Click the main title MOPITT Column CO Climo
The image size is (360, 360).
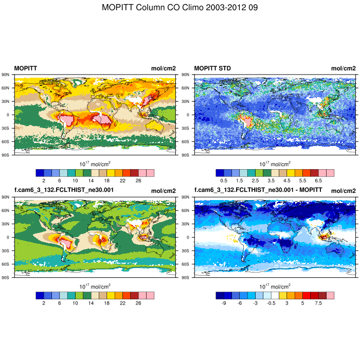coord(180,8)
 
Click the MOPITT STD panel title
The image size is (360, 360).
coord(212,68)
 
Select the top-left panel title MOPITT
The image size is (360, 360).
coord(25,68)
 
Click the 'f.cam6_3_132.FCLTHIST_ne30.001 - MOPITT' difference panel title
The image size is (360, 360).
coord(258,191)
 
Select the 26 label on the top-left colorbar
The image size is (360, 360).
coord(138,181)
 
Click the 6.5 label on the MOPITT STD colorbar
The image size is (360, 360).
coord(318,181)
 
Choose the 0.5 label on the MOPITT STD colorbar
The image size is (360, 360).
coord(224,181)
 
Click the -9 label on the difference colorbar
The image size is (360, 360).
coord(224,303)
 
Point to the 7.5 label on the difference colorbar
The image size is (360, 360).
coord(318,303)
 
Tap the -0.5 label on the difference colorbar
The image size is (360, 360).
coord(271,303)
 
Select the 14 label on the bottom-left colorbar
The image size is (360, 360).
coord(91,303)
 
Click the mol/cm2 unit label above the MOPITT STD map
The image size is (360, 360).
coord(343,68)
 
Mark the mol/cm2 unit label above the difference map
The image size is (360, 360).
coord(343,191)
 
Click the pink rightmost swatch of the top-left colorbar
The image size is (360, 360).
coord(150,173)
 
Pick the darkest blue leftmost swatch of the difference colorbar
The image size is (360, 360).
coord(220,295)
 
